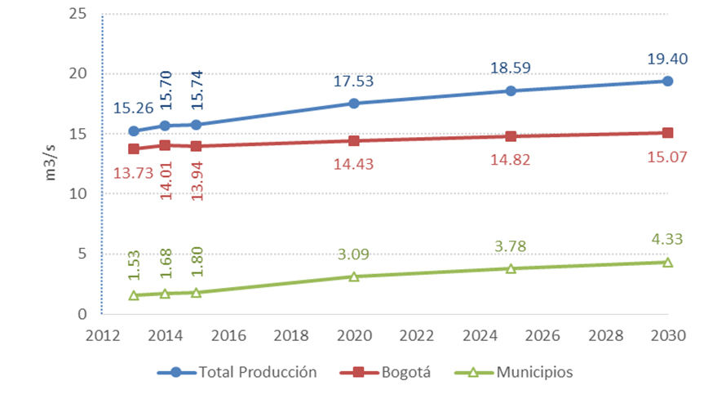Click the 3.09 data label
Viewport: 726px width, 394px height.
pos(354,255)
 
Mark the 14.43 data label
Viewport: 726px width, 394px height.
pos(354,163)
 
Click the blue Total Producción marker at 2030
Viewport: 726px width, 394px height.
pos(667,81)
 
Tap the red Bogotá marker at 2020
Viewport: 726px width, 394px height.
pos(353,140)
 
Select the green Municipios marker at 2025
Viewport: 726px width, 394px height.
pos(511,268)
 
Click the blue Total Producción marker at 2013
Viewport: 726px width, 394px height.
pos(134,131)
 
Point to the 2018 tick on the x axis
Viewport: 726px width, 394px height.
pos(290,335)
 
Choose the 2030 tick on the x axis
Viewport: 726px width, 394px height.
pos(667,335)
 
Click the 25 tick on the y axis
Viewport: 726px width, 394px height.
pos(78,14)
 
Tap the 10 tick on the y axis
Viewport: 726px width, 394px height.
pos(78,194)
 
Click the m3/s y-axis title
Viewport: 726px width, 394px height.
pos(51,164)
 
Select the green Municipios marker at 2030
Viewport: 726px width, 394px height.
pos(667,262)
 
